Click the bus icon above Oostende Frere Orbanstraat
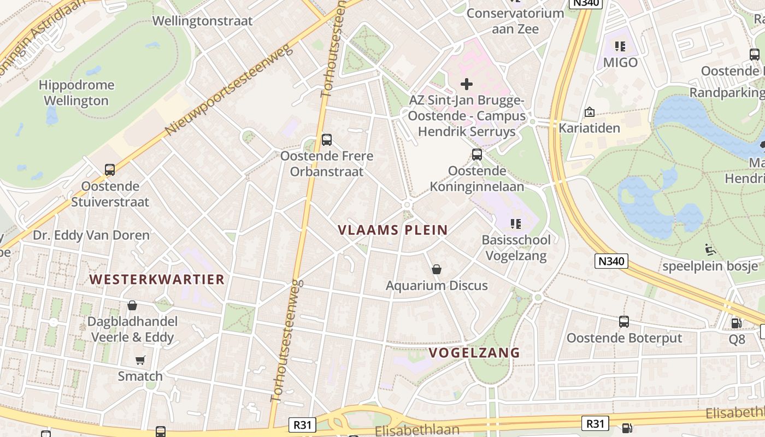(326, 140)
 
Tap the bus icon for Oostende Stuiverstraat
(110, 170)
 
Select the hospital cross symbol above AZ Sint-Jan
(466, 84)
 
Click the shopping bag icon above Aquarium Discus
(437, 269)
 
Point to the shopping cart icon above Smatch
(140, 360)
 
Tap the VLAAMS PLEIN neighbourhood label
(393, 230)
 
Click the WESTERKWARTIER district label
(157, 280)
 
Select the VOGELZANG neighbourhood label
(474, 353)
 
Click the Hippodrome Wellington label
(76, 93)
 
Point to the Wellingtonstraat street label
(202, 21)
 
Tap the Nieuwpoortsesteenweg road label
(229, 90)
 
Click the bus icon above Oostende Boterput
(624, 322)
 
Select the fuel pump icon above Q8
(736, 323)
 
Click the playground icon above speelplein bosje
(710, 250)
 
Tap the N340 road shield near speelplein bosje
(611, 261)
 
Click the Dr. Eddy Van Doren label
(91, 235)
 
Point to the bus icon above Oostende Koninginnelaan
(477, 155)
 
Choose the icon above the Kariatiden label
(589, 112)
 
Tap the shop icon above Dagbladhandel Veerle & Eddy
(132, 305)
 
